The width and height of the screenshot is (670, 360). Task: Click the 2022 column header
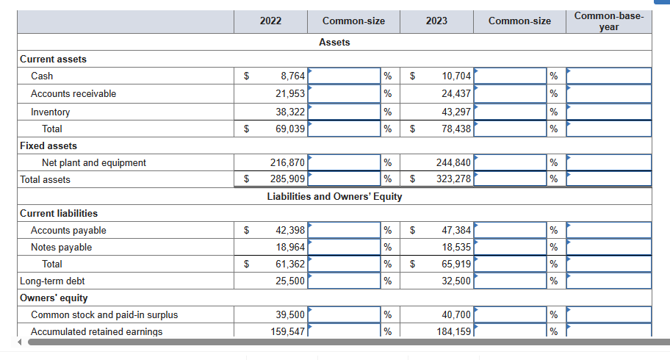(270, 21)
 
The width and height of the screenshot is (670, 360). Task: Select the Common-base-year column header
(608, 21)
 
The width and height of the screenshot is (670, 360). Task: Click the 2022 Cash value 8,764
(289, 76)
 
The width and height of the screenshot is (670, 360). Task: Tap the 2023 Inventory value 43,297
(456, 112)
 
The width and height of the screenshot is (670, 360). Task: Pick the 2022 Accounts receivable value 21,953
(289, 93)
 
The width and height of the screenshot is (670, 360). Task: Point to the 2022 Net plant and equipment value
(287, 162)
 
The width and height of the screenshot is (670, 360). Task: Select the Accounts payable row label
(68, 230)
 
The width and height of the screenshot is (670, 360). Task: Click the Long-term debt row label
(52, 281)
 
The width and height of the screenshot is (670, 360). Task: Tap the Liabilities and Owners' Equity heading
(334, 196)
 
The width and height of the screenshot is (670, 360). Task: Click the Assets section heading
(334, 42)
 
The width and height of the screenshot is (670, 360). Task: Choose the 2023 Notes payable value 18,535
(456, 247)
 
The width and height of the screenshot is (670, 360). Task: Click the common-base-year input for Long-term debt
(608, 281)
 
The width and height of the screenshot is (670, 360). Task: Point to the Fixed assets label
(48, 145)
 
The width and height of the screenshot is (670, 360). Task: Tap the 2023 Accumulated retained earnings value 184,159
(453, 331)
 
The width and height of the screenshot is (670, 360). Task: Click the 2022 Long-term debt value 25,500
(289, 281)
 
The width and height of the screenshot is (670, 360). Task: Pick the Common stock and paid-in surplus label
(104, 314)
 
